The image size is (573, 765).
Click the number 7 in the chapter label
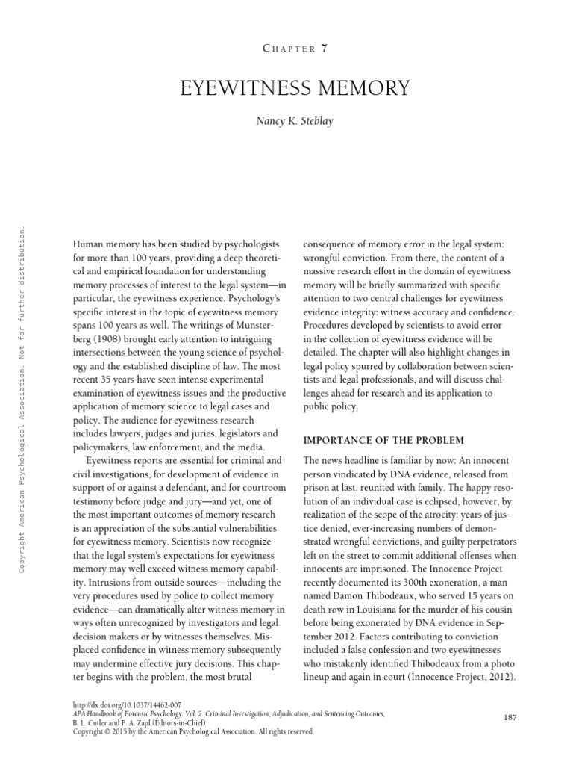click(323, 49)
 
